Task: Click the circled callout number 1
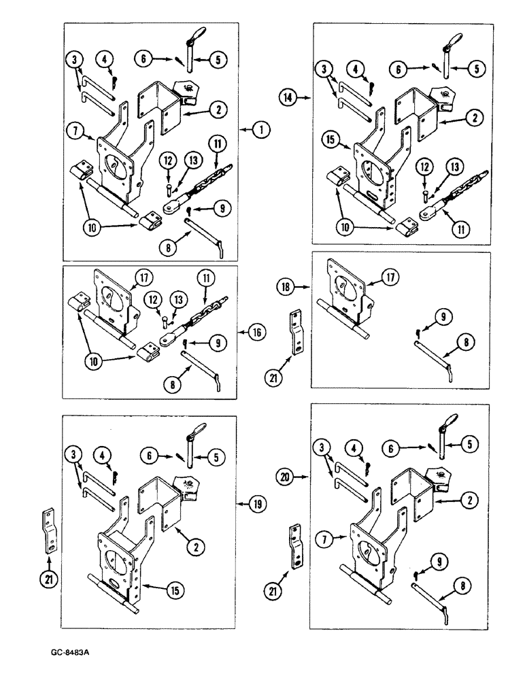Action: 261,128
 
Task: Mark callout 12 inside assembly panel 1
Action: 165,160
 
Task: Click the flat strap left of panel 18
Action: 297,333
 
